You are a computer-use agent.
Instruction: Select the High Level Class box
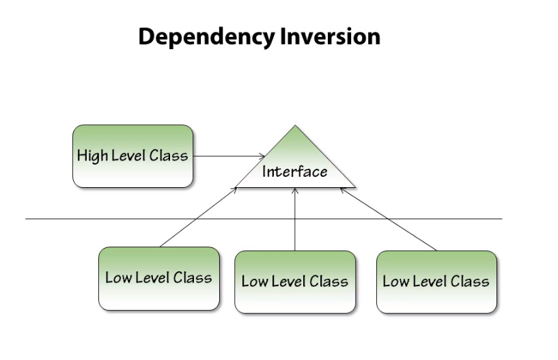[x=132, y=156]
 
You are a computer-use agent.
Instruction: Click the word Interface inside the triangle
[x=295, y=171]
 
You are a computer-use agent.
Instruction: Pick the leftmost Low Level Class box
[x=158, y=278]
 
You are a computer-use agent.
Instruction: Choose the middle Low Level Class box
[x=294, y=281]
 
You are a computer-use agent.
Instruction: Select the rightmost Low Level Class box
[x=436, y=281]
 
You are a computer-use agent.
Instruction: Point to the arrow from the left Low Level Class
[x=198, y=217]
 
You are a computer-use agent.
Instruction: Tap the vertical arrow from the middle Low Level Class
[x=295, y=222]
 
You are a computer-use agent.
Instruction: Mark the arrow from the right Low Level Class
[x=389, y=221]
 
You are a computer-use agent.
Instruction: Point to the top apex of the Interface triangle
[x=295, y=127]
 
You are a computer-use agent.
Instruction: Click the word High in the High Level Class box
[x=92, y=156]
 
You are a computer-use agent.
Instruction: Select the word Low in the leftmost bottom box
[x=117, y=278]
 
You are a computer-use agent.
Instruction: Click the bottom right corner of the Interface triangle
[x=354, y=186]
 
